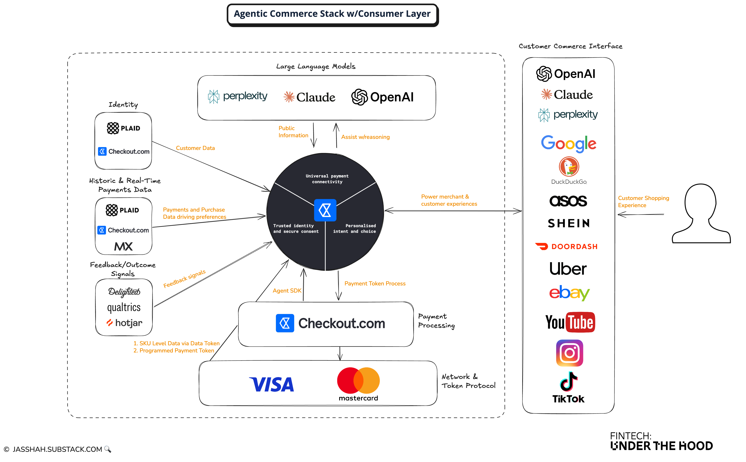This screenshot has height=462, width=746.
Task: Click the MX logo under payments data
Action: click(x=123, y=246)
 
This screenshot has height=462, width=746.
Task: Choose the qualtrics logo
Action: click(x=124, y=307)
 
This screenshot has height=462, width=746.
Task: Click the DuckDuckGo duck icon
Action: click(x=569, y=167)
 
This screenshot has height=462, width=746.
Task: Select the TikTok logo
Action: click(x=568, y=387)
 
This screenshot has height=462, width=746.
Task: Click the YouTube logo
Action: click(x=570, y=322)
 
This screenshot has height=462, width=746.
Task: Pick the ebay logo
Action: click(x=569, y=293)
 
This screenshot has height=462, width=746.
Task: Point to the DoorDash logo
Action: click(x=567, y=246)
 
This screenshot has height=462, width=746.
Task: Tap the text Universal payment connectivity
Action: click(x=327, y=179)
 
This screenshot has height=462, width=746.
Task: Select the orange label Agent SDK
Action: click(x=287, y=291)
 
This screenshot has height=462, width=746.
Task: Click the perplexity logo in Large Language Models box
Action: click(x=238, y=97)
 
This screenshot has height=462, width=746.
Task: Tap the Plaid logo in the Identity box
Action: click(x=123, y=128)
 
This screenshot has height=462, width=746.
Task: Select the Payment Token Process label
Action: click(x=375, y=284)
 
